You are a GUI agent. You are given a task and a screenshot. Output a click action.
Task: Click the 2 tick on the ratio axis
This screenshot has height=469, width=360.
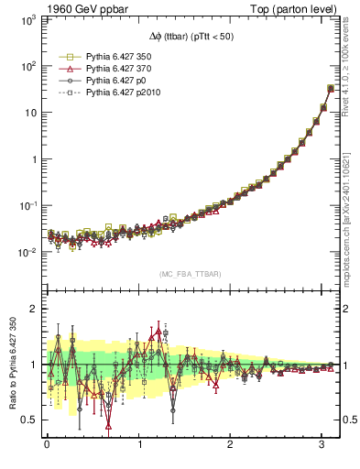click(33, 309)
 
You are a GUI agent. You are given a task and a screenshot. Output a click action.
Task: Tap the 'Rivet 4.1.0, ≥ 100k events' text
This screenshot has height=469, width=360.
click(352, 70)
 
